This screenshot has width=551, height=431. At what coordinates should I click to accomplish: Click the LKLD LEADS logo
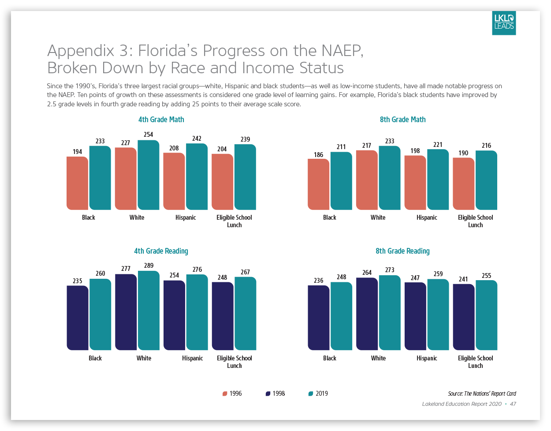pyautogui.click(x=504, y=23)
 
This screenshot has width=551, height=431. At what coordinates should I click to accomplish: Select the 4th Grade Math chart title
pyautogui.click(x=161, y=120)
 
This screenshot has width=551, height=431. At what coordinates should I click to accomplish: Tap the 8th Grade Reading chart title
pyautogui.click(x=402, y=251)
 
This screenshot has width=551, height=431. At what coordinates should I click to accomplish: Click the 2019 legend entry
pyautogui.click(x=318, y=394)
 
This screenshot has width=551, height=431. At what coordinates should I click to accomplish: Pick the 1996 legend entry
pyautogui.click(x=232, y=394)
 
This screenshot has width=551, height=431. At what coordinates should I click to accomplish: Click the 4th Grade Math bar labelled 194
pyautogui.click(x=77, y=183)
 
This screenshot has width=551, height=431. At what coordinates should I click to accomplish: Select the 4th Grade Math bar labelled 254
pyautogui.click(x=149, y=175)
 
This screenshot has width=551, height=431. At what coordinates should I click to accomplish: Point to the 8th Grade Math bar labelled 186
pyautogui.click(x=318, y=184)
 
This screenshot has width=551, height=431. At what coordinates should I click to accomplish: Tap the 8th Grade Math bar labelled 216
pyautogui.click(x=486, y=180)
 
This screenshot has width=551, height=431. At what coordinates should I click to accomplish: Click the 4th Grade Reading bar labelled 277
pyautogui.click(x=126, y=312)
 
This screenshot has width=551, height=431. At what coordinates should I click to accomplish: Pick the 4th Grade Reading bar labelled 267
pyautogui.click(x=245, y=313)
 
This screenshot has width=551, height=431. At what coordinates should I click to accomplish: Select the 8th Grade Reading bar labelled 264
pyautogui.click(x=367, y=314)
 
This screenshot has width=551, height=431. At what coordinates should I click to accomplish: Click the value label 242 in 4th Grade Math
pyautogui.click(x=197, y=139)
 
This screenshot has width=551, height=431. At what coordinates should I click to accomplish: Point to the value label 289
pyautogui.click(x=149, y=266)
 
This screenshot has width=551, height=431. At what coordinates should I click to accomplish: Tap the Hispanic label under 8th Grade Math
pyautogui.click(x=427, y=217)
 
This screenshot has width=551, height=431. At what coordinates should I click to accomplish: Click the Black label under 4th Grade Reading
pyautogui.click(x=95, y=358)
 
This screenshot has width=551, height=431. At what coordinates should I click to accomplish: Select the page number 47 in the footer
pyautogui.click(x=513, y=404)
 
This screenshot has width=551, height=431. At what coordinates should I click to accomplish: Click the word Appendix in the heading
pyautogui.click(x=81, y=51)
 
